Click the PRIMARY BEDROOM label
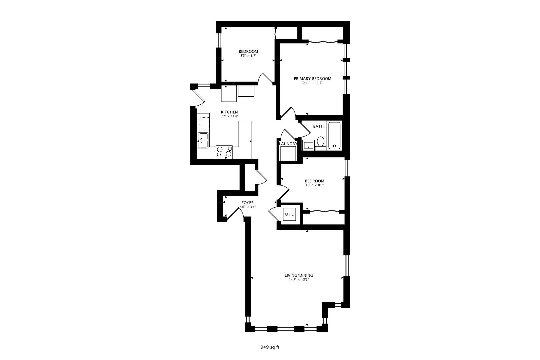coord(312,79)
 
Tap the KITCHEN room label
coord(229,112)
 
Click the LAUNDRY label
coord(288,144)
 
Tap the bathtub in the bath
coord(334,136)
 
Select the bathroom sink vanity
coord(308,145)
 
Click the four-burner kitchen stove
coord(224,152)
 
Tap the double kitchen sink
coord(203,140)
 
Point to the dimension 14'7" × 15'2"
coord(299,280)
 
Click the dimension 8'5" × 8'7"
coord(248,56)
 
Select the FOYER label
coord(248,203)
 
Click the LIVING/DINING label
coord(299,275)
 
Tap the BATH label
coord(318,126)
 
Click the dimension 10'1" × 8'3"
coord(314,185)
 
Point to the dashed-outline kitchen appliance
coord(204,123)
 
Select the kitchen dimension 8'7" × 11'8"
coord(229,116)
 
